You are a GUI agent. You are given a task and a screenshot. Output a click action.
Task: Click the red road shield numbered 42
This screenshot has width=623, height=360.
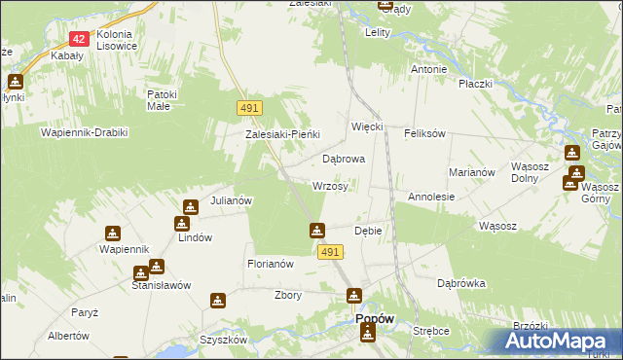tap(80, 39)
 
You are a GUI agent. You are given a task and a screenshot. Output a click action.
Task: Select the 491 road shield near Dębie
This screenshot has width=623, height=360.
tap(330, 252)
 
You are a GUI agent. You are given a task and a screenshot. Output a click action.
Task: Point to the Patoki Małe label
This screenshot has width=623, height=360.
tap(160, 99)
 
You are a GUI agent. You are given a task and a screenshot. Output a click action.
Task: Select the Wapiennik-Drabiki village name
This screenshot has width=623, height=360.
tap(84, 131)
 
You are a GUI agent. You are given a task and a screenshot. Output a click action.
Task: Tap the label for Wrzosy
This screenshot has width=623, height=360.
tap(330, 186)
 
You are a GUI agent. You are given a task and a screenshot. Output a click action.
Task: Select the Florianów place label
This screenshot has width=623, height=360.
tap(271, 264)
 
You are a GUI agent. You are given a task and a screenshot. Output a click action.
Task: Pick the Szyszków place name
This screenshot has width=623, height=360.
tap(223, 340)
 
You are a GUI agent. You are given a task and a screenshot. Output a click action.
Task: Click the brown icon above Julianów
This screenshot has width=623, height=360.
tap(190, 206)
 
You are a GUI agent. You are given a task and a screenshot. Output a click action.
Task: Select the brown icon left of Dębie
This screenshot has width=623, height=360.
tap(317, 231)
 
